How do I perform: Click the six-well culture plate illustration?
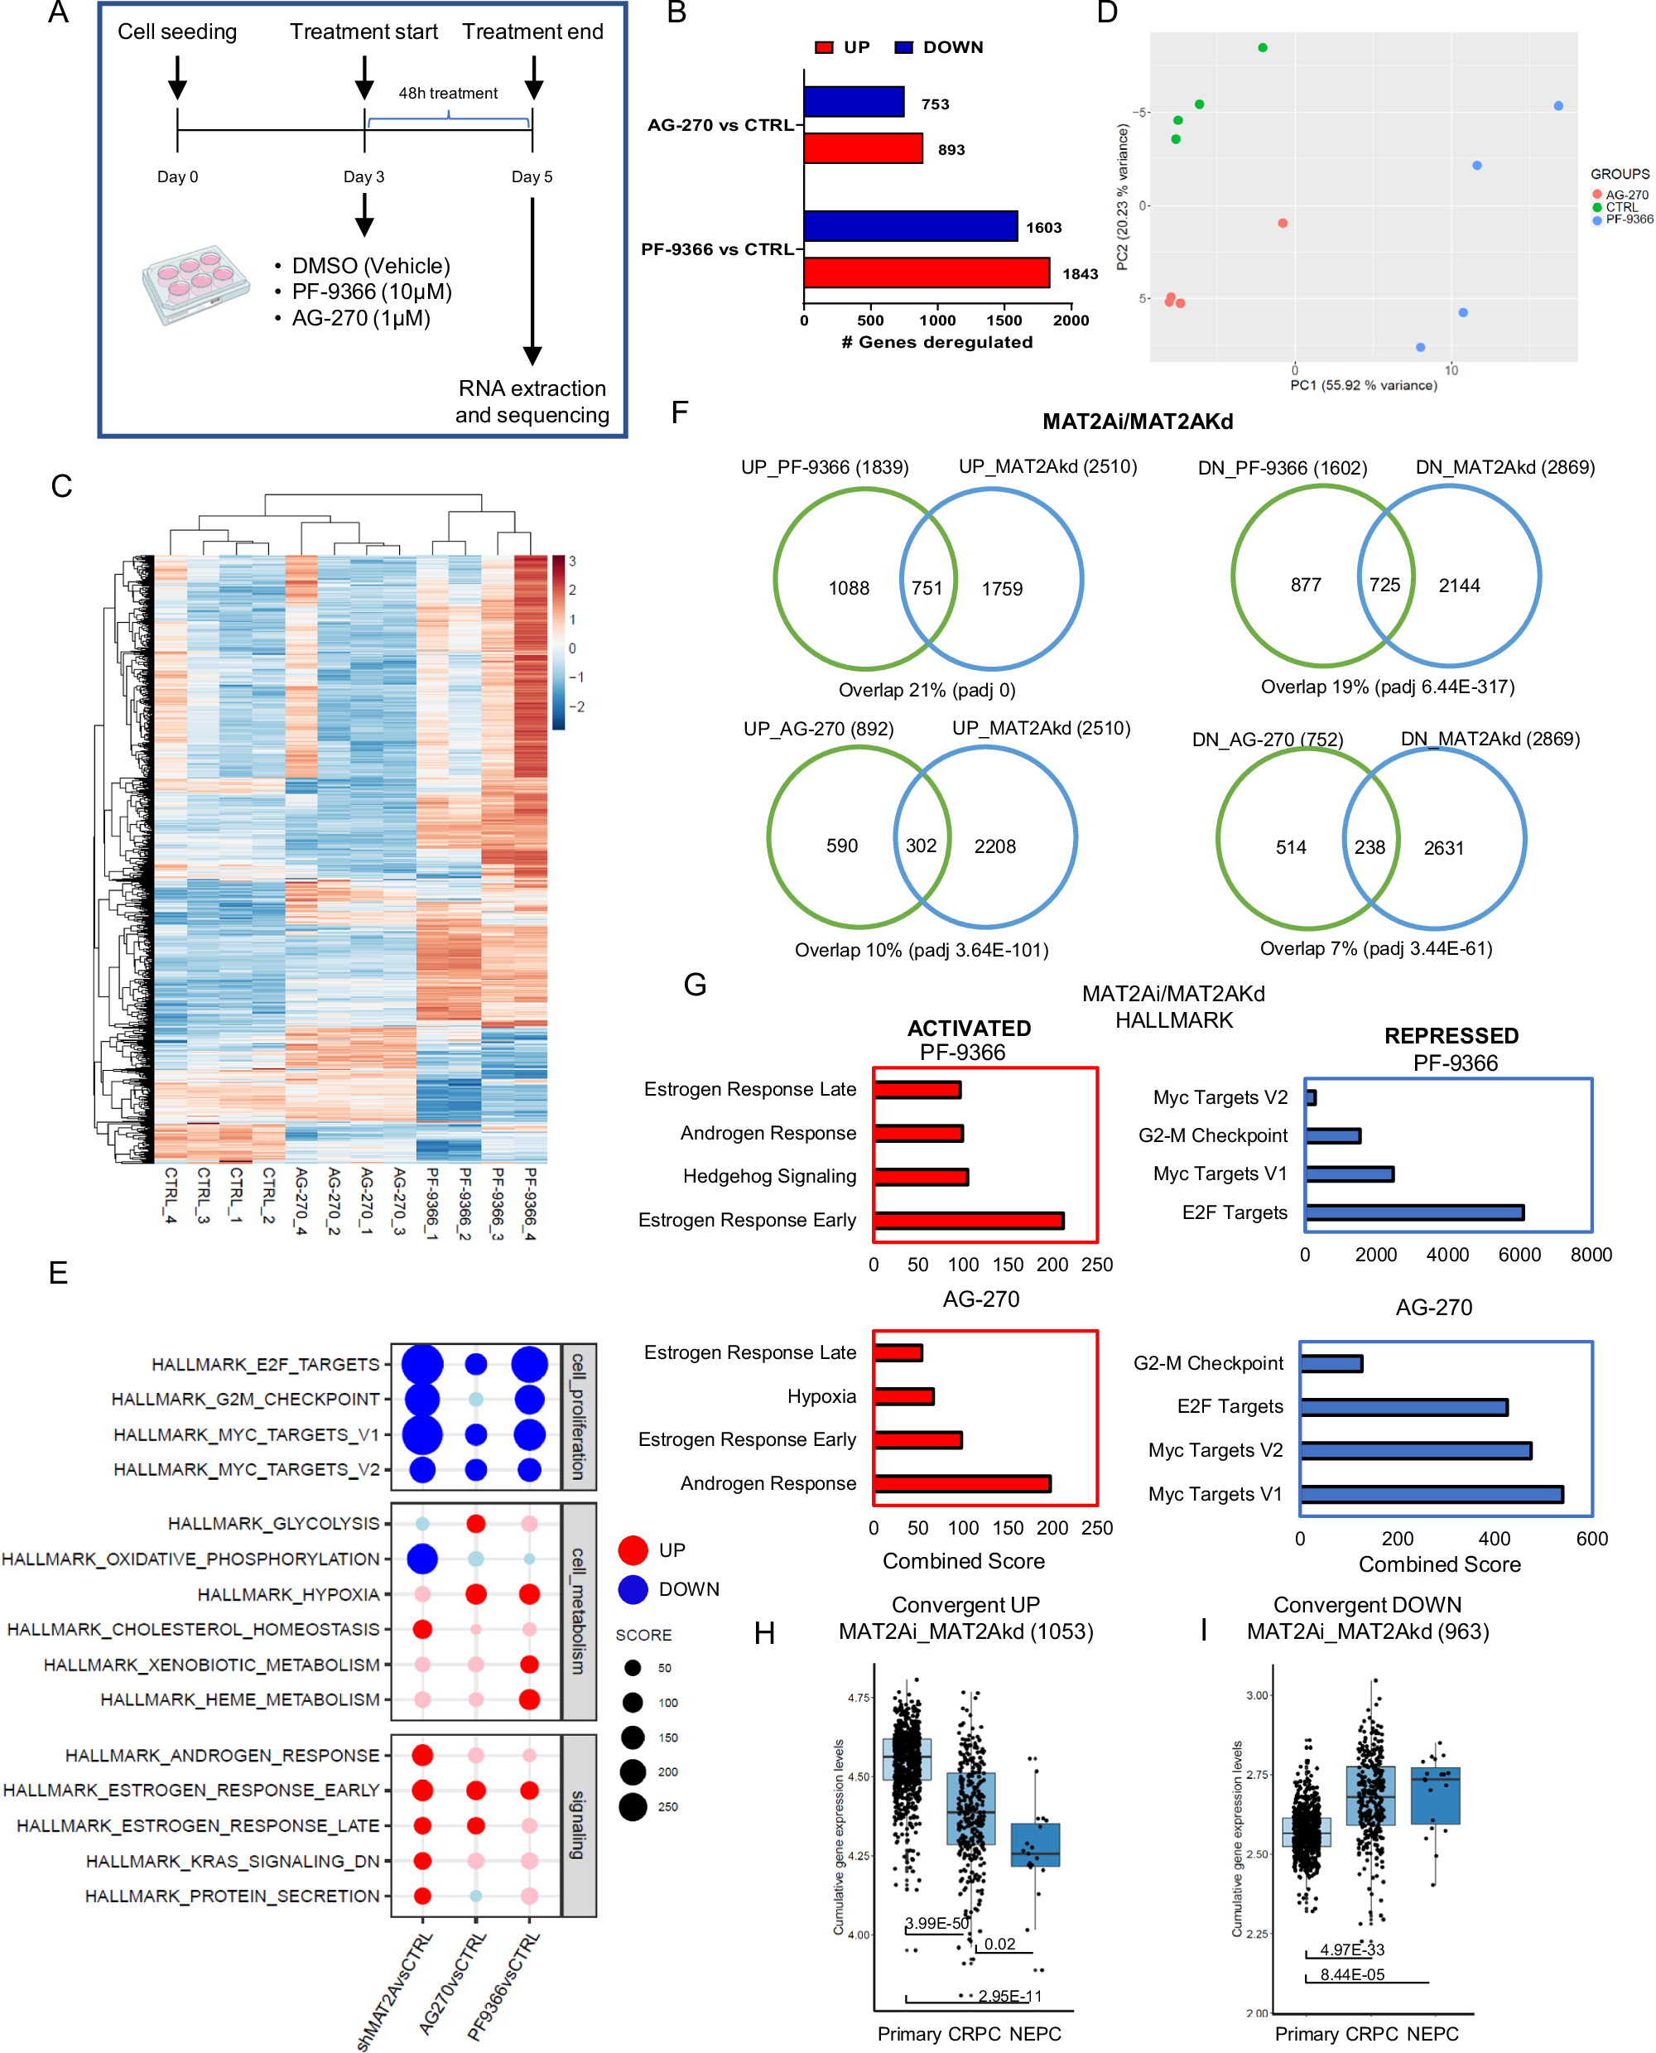(195, 283)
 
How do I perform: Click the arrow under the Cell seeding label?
(177, 76)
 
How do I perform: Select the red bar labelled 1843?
(927, 272)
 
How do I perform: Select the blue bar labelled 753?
(854, 102)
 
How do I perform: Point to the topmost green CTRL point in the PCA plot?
(1262, 48)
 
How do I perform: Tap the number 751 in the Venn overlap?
(927, 589)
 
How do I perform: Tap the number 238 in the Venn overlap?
(1369, 847)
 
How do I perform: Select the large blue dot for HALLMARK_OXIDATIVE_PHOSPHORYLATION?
(422, 1559)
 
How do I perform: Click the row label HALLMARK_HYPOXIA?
(288, 1594)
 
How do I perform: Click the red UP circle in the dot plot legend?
(633, 1550)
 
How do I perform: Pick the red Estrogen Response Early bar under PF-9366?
(968, 1220)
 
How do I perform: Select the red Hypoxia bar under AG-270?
(903, 1396)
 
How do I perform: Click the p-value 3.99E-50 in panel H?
(936, 1923)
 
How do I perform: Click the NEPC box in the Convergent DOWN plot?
(1435, 1796)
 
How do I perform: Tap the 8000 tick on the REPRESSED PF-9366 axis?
(1591, 1255)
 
